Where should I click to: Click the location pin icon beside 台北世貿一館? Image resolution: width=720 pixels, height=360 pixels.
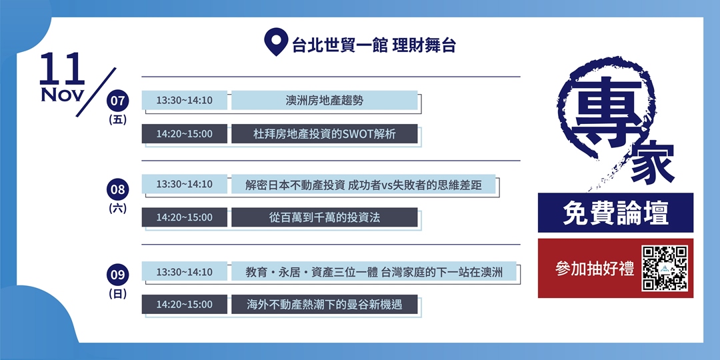[274, 41]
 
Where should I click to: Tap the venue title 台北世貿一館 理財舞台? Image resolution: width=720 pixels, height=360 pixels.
[373, 45]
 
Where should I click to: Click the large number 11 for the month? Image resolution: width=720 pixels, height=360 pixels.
[62, 69]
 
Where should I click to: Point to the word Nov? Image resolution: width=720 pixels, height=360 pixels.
[62, 95]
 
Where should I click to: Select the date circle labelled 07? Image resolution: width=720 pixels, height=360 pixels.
[118, 101]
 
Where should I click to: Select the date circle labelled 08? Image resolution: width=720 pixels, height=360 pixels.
[118, 189]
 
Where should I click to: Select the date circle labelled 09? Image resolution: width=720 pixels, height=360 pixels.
[118, 274]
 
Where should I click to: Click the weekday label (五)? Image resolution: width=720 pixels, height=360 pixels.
[118, 120]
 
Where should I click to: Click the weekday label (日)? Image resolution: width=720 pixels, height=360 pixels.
[118, 293]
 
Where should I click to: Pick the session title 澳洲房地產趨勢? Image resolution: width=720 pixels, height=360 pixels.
[324, 101]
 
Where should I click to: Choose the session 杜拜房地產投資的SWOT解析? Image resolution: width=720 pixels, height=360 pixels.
[324, 134]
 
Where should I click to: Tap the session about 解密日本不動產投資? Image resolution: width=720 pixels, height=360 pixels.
[363, 185]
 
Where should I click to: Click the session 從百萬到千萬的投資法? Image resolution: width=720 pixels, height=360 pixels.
[324, 217]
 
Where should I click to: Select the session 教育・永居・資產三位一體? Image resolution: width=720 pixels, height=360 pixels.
[373, 272]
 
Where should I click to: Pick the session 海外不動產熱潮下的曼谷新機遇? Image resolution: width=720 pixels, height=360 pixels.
[324, 305]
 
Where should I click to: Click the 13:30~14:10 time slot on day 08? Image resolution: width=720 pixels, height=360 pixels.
[185, 185]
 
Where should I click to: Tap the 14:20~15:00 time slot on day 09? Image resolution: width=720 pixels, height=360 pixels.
[185, 305]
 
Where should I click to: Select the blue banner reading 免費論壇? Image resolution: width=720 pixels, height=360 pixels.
[615, 213]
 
